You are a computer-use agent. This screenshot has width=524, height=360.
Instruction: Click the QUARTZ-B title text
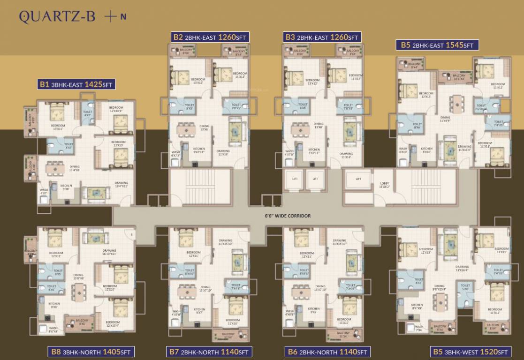pos(57,17)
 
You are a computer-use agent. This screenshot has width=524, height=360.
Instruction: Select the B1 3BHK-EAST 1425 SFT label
pos(76,85)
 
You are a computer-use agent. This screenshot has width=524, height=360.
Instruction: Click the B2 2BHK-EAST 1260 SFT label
pos(209,37)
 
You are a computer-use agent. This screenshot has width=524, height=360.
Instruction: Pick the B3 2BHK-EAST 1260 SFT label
pos(322,37)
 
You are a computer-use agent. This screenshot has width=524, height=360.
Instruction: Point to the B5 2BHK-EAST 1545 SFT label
pos(437,45)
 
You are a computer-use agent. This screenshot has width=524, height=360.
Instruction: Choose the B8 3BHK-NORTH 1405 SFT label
pos(91,352)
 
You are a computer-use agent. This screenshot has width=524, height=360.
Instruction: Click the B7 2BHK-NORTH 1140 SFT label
pos(209,352)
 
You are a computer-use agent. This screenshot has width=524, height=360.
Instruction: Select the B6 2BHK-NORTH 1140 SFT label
pos(327,352)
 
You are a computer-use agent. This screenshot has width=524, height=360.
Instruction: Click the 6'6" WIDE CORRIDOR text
pos(288,216)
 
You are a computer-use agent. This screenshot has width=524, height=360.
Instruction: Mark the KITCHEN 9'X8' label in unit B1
pos(66,187)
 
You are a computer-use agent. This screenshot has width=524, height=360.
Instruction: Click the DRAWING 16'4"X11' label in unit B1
pos(121,185)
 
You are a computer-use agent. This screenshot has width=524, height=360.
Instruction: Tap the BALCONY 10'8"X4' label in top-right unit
pos(459,77)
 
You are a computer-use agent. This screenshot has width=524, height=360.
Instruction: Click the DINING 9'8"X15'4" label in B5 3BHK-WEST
pos(439,288)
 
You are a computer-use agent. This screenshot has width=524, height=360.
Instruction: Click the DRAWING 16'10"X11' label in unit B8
pos(109,252)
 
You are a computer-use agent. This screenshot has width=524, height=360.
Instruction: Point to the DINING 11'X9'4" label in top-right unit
pos(445,120)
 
